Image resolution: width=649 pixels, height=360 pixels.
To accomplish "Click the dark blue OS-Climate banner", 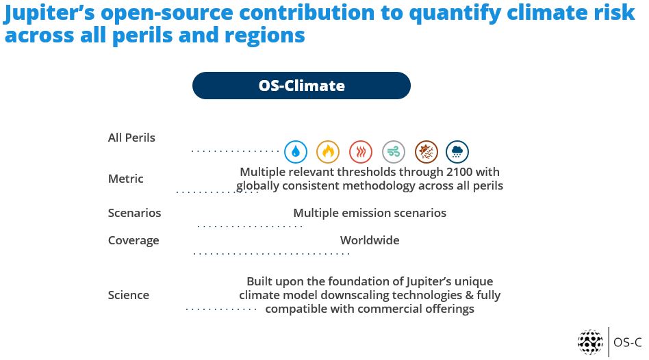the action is click(301, 86).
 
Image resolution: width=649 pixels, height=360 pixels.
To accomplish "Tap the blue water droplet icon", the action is click(296, 152).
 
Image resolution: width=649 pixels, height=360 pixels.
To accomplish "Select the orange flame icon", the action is click(328, 152).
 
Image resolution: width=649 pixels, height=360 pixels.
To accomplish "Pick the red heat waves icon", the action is click(361, 152).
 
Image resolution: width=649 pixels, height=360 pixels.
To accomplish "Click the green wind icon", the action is click(394, 152).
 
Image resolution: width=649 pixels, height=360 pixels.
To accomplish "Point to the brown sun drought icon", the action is click(427, 152).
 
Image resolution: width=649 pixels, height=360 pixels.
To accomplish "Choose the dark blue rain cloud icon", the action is click(457, 152).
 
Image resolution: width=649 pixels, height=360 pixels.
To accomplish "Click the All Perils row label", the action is click(131, 138).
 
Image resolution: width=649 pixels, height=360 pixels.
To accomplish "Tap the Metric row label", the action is click(126, 179).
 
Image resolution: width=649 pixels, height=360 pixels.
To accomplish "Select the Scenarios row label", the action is click(134, 213).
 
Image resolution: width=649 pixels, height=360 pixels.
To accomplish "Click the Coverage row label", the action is click(133, 241).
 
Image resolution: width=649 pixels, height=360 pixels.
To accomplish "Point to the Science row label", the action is click(129, 295).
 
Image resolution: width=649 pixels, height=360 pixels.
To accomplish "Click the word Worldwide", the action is click(370, 240).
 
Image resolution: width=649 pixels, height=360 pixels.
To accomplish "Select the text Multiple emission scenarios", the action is click(370, 213).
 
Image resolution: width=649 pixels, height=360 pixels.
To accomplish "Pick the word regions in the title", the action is click(264, 35).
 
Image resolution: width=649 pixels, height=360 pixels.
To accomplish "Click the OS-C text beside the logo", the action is click(628, 343).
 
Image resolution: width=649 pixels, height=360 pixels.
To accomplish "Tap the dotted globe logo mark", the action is click(590, 342).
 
